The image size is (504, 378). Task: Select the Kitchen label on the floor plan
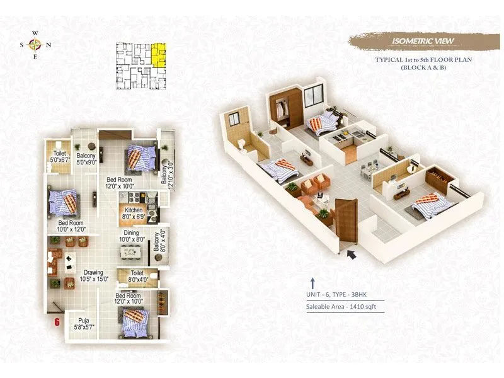tap(134, 213)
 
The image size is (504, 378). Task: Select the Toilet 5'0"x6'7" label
tap(60, 156)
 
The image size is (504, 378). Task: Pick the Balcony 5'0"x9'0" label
tap(86, 159)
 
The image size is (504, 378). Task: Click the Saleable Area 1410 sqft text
tap(341, 307)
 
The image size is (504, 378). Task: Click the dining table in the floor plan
tap(132, 252)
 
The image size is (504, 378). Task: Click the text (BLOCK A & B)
tap(414, 67)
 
